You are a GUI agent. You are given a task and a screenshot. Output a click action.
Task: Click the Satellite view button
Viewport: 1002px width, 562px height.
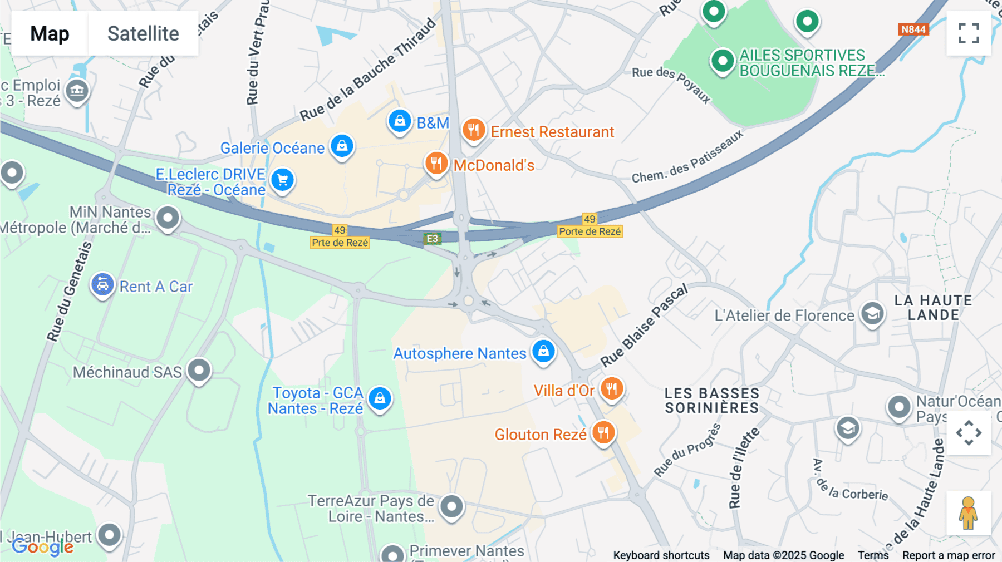coord(143,34)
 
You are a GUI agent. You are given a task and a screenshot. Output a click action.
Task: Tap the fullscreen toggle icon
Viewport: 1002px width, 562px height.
coord(969,33)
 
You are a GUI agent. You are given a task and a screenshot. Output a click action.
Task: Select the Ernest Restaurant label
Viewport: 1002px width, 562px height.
coord(552,132)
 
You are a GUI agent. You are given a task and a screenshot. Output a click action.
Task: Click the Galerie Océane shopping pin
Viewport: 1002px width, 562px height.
coord(342,146)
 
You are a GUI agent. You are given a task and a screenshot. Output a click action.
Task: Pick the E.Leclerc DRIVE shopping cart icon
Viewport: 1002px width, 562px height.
coord(282,180)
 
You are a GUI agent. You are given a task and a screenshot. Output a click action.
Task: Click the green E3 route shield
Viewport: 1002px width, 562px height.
coord(433,239)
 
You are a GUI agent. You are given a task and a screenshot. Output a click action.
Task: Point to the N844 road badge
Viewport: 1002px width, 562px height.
coord(913,29)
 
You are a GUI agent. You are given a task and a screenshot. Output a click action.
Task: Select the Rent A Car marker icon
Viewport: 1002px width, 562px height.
coord(102,285)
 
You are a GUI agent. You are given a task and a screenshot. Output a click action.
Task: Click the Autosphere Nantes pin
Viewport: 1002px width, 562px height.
coord(543,352)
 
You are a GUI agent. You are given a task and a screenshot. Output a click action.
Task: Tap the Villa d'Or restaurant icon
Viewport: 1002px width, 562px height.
coord(611,389)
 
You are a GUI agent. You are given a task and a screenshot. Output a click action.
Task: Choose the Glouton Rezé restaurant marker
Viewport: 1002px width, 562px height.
coord(603,432)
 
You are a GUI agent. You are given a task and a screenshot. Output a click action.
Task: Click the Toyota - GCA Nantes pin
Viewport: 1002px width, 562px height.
coord(380,398)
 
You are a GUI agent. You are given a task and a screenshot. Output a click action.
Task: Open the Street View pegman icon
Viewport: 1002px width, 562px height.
coord(968,512)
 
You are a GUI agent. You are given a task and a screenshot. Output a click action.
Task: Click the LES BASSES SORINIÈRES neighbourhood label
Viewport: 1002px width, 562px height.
coord(711,401)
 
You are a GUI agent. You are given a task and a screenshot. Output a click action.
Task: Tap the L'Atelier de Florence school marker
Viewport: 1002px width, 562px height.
coord(872,314)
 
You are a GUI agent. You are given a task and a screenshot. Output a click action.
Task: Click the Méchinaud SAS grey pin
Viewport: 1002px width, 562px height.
coord(199,370)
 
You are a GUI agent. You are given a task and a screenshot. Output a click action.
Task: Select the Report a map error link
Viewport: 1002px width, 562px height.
coord(948,555)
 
